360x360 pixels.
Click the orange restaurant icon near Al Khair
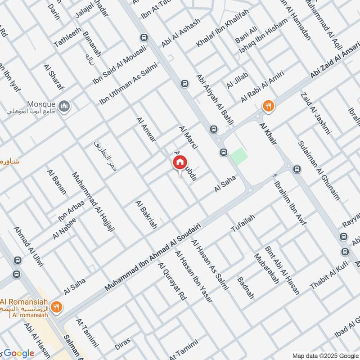[x=269, y=106]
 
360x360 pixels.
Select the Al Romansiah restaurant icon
[x=56, y=307]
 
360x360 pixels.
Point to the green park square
[x=238, y=156]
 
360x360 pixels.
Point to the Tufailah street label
[x=243, y=223]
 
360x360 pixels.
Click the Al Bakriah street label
[x=146, y=215]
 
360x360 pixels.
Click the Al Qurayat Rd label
[x=172, y=282]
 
